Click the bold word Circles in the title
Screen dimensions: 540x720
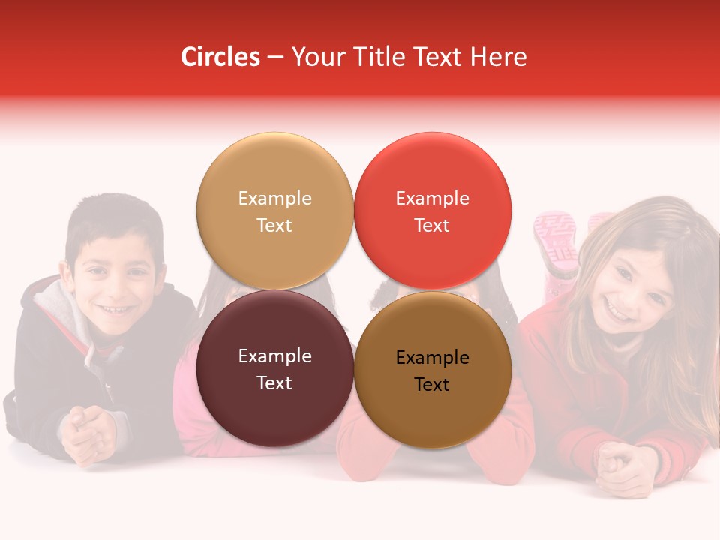220,57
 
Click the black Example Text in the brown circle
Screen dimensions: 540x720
432,371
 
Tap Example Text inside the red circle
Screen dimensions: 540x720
432,211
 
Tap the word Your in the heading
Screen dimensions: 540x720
316,57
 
